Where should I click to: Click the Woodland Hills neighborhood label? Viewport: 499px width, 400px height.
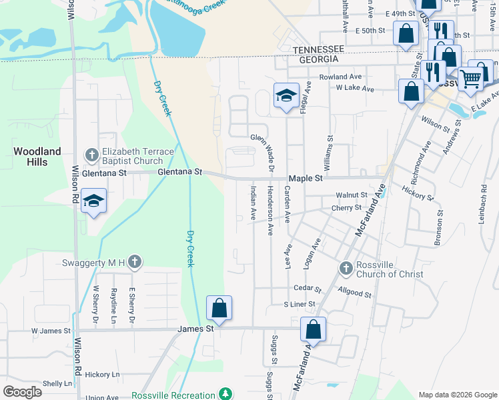pyautogui.click(x=37, y=157)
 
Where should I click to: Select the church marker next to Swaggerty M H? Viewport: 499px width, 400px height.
pyautogui.click(x=135, y=262)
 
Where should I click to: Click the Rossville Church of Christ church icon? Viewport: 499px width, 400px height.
pyautogui.click(x=346, y=268)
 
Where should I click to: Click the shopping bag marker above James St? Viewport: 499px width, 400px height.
pyautogui.click(x=219, y=308)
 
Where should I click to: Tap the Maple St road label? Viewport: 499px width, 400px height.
pyautogui.click(x=306, y=179)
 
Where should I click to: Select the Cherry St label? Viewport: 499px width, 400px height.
pyautogui.click(x=346, y=208)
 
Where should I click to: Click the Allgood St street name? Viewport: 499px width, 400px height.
pyautogui.click(x=354, y=293)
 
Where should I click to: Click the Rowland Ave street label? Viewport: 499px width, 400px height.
pyautogui.click(x=340, y=77)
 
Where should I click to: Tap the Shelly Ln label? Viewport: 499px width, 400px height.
pyautogui.click(x=57, y=383)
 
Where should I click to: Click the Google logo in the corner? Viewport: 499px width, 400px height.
pyautogui.click(x=23, y=392)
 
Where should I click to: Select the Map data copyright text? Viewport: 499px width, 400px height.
pyautogui.click(x=458, y=395)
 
